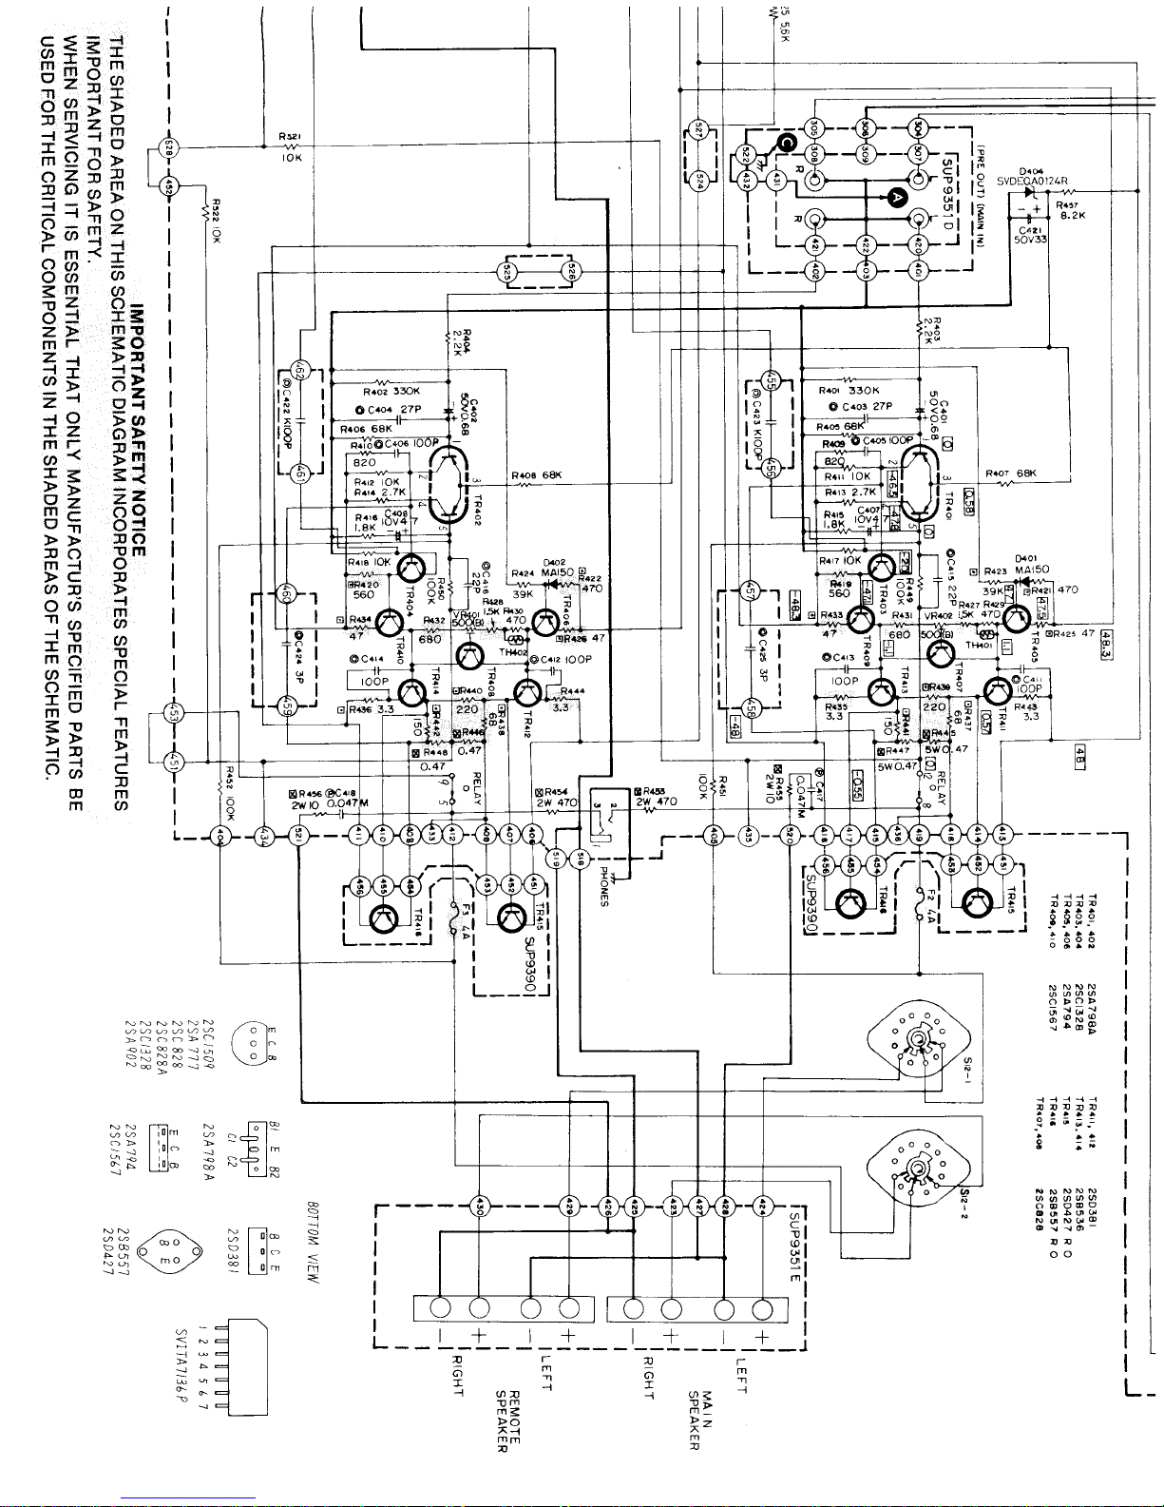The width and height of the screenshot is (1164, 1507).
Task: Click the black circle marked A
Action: coord(896,198)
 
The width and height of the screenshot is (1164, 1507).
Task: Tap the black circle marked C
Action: coord(785,143)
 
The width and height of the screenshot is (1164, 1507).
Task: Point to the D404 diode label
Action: coord(1031,171)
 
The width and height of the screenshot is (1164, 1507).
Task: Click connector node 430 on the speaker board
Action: coord(478,1204)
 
